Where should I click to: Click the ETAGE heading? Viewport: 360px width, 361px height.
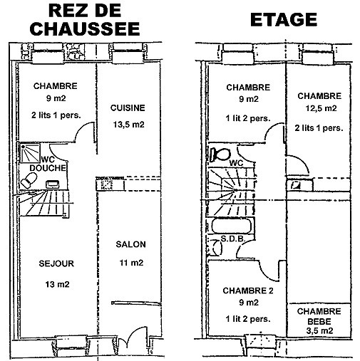[x=284, y=20]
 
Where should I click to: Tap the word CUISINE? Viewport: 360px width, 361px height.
[x=128, y=108]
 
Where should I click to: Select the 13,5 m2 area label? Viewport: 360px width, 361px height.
[x=128, y=125]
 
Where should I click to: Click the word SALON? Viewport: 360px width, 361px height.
[x=130, y=244]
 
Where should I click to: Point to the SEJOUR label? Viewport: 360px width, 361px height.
[x=56, y=263]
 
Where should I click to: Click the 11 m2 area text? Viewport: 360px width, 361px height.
[x=131, y=263]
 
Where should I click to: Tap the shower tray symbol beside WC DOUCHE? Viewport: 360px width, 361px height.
[x=30, y=152]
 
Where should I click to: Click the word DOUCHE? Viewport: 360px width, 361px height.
[x=48, y=168]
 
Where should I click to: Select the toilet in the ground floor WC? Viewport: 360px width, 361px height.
[x=29, y=180]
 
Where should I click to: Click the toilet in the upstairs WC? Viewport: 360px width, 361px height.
[x=220, y=155]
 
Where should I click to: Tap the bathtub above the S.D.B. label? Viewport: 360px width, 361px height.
[x=232, y=226]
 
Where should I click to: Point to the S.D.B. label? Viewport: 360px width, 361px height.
[x=233, y=239]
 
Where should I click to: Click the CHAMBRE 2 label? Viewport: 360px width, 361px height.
[x=248, y=291]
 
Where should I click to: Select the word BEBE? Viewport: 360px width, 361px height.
[x=319, y=321]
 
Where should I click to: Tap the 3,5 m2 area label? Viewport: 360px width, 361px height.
[x=319, y=330]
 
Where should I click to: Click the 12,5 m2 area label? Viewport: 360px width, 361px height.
[x=321, y=108]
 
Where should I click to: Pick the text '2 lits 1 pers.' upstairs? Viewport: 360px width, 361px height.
[x=319, y=128]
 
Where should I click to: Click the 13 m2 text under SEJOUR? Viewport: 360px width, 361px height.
[x=57, y=284]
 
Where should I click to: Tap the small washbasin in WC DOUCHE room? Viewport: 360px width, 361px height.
[x=52, y=184]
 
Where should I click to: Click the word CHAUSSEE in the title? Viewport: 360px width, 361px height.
[x=85, y=29]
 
